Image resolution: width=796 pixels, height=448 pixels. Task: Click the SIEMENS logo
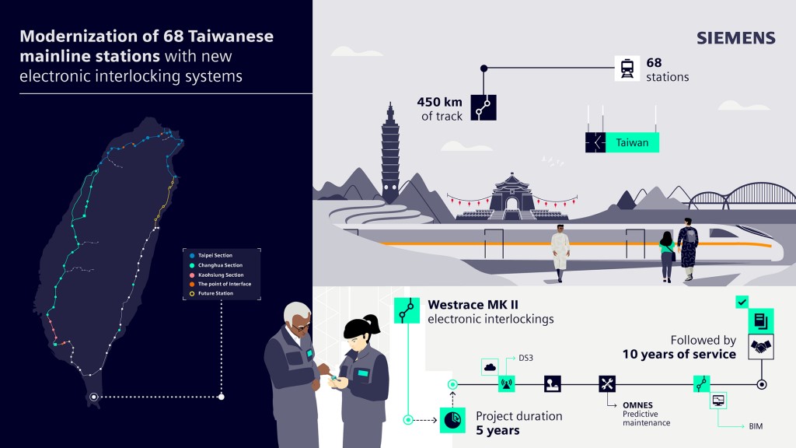(x=735, y=38)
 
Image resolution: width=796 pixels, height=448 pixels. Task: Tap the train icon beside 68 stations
(x=627, y=68)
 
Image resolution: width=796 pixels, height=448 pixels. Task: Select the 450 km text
(x=440, y=102)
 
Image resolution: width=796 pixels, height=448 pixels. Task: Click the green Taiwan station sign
(x=623, y=143)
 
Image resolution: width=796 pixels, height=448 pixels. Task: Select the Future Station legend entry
(x=211, y=293)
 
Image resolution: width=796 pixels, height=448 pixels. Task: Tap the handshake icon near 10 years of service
(x=761, y=347)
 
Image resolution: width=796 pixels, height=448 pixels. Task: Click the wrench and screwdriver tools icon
(x=606, y=384)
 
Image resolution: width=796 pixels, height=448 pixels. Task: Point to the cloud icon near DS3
(x=490, y=367)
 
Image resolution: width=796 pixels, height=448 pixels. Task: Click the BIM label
(x=756, y=427)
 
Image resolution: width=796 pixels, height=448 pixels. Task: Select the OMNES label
(x=637, y=405)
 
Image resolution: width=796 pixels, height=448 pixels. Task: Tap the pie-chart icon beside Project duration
(x=452, y=420)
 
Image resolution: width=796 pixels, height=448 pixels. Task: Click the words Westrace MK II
(x=473, y=305)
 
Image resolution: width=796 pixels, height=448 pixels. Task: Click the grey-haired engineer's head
(x=298, y=318)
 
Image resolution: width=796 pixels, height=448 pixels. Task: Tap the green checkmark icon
(x=742, y=303)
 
